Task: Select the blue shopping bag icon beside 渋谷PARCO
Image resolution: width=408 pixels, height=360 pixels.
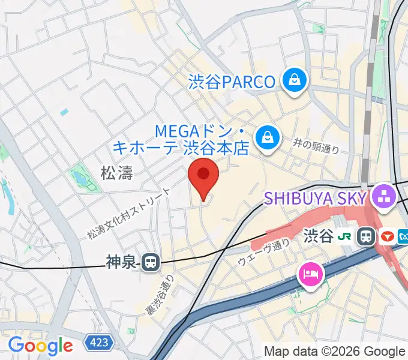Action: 296,80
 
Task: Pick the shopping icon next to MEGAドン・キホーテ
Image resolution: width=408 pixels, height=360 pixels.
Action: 265,138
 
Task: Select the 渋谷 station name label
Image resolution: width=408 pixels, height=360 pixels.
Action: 319,236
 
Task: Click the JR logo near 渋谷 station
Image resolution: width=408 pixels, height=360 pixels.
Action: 345,236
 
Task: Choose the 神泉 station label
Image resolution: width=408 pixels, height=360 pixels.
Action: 122,262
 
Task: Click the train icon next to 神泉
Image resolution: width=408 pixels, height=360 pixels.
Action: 150,262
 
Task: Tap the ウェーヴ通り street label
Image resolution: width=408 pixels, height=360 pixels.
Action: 263,254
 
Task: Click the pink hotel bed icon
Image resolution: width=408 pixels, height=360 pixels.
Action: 311,274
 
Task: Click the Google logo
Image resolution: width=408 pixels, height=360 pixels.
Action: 40,345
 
